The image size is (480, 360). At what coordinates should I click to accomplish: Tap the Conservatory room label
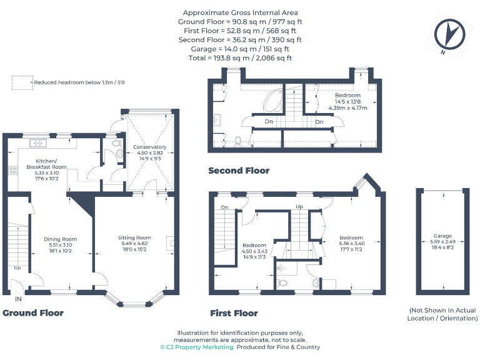(149, 146)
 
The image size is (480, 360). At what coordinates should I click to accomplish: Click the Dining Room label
(61, 239)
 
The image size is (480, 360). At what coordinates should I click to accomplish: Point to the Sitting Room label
(135, 237)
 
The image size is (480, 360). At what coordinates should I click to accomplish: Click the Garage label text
(444, 236)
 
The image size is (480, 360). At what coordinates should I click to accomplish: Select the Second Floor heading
(239, 171)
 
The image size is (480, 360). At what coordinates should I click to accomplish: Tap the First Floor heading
(234, 313)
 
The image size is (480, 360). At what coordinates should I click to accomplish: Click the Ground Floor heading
(33, 312)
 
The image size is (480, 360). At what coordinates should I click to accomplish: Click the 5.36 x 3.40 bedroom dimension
(351, 244)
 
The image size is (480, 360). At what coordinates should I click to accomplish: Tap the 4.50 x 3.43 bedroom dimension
(254, 252)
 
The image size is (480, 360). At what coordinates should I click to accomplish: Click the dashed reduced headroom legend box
(22, 82)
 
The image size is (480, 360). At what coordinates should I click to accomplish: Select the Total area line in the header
(240, 57)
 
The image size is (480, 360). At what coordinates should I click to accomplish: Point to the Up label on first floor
(299, 206)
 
